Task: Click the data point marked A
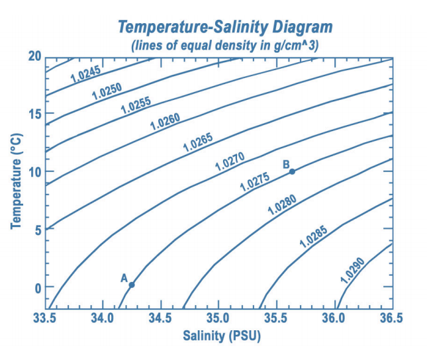pyautogui.click(x=132, y=285)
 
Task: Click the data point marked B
pyautogui.click(x=292, y=171)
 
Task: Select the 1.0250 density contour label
pyautogui.click(x=107, y=89)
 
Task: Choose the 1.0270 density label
pyautogui.click(x=230, y=161)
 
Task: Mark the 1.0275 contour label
pyautogui.click(x=255, y=182)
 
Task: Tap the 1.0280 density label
pyautogui.click(x=282, y=205)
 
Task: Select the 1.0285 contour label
pyautogui.click(x=314, y=236)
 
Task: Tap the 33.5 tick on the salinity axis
pyautogui.click(x=44, y=318)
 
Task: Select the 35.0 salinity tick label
pyautogui.click(x=218, y=318)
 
